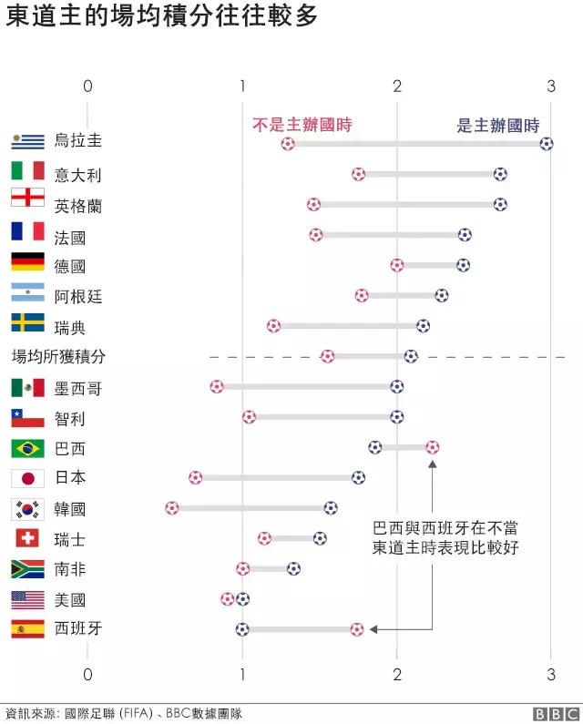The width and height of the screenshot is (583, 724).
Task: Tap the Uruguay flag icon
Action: click(27, 141)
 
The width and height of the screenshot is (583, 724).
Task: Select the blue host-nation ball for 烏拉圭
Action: click(546, 143)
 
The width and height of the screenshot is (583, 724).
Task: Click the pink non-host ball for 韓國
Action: click(172, 507)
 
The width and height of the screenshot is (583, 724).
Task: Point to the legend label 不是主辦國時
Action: click(302, 125)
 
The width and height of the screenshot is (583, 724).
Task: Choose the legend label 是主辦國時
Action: click(497, 126)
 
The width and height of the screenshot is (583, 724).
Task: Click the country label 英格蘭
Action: click(78, 206)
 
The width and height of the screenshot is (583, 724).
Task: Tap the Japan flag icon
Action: click(27, 478)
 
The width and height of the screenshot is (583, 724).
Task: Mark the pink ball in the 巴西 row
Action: click(432, 447)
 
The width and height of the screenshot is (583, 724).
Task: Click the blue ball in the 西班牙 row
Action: click(242, 628)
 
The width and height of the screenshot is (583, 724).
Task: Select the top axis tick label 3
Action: click(550, 86)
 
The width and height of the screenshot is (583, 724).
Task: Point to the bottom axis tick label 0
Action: click(87, 674)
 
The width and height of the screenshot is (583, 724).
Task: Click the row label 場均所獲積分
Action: click(58, 356)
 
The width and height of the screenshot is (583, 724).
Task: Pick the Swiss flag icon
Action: click(27, 538)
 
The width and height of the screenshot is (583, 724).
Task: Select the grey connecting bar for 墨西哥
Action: click(306, 386)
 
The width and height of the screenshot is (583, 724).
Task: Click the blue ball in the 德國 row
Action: click(463, 265)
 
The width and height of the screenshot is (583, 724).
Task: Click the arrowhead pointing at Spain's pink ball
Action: click(373, 628)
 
